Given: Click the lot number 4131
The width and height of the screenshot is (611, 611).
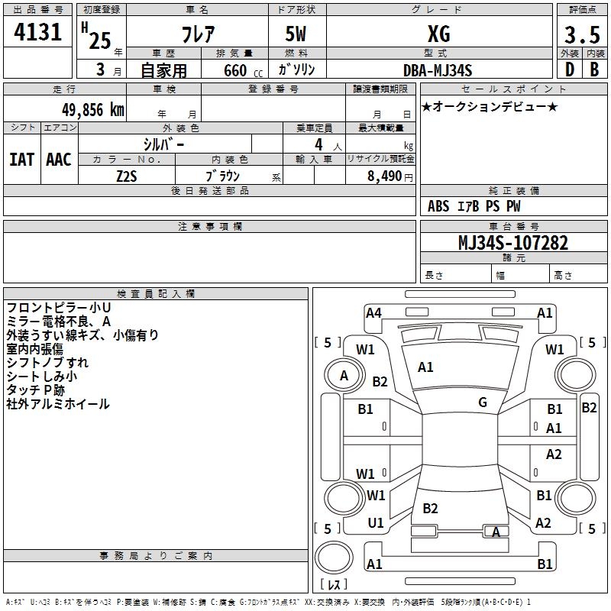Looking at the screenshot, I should click(38, 34).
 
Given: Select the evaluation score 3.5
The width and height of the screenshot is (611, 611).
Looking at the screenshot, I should click(582, 35).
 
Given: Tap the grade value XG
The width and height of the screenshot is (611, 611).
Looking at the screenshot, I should click(438, 34).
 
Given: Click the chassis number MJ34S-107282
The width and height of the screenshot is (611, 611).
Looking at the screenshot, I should click(512, 243).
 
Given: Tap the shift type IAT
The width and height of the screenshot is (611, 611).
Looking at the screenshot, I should click(21, 159).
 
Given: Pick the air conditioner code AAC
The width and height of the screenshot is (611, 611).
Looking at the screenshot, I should click(58, 159).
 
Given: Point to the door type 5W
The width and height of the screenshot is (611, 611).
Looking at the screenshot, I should click(296, 34).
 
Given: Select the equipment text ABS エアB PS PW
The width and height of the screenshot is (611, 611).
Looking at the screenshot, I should click(474, 206).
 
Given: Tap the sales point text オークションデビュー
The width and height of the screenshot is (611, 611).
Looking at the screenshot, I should click(490, 106).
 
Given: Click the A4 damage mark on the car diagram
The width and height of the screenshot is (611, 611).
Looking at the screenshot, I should click(373, 312).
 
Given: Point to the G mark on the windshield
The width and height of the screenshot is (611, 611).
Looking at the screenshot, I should click(483, 402).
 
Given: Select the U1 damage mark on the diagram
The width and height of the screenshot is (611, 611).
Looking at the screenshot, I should click(376, 523).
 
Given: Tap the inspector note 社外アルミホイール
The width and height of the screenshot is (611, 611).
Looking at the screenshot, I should click(58, 404).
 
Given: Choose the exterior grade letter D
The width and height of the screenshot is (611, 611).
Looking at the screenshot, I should click(569, 70).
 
